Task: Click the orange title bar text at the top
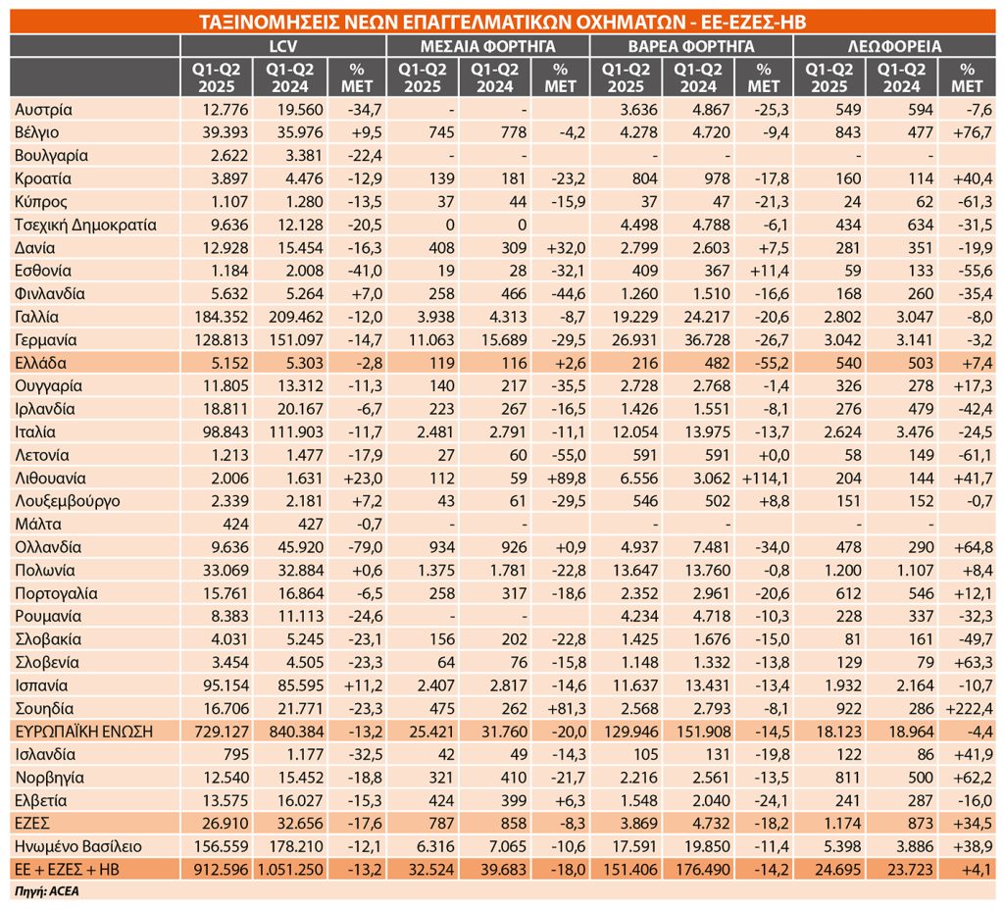tap(502, 22)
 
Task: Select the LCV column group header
tap(283, 46)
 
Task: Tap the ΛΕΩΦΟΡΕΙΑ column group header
tap(894, 46)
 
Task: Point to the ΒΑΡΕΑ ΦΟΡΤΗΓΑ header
tap(691, 46)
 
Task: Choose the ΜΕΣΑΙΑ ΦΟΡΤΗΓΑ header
tap(487, 46)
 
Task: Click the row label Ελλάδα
tap(40, 363)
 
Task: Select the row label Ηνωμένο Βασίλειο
tap(78, 846)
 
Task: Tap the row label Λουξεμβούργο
tap(68, 501)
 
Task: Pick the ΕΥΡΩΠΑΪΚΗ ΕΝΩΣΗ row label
tap(84, 732)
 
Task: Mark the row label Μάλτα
tap(38, 525)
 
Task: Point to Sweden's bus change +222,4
tap(969, 708)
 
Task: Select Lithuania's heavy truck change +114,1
tap(765, 479)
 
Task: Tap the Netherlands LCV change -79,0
tap(365, 547)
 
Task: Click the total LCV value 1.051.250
tap(290, 870)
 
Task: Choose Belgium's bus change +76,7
tap(972, 132)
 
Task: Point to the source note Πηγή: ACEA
tap(47, 891)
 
